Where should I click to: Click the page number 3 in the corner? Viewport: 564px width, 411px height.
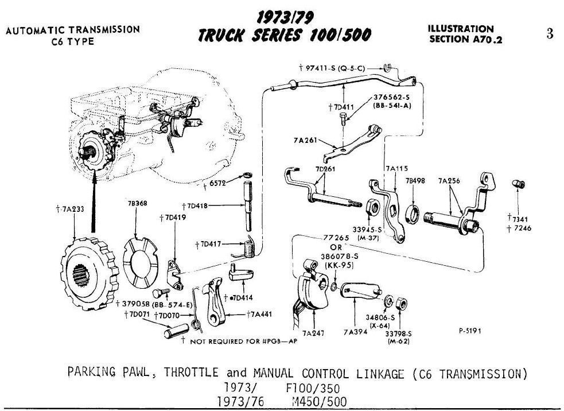click(550, 33)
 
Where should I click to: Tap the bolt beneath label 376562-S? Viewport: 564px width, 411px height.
click(343, 118)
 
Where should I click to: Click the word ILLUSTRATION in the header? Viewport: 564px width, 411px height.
click(460, 29)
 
